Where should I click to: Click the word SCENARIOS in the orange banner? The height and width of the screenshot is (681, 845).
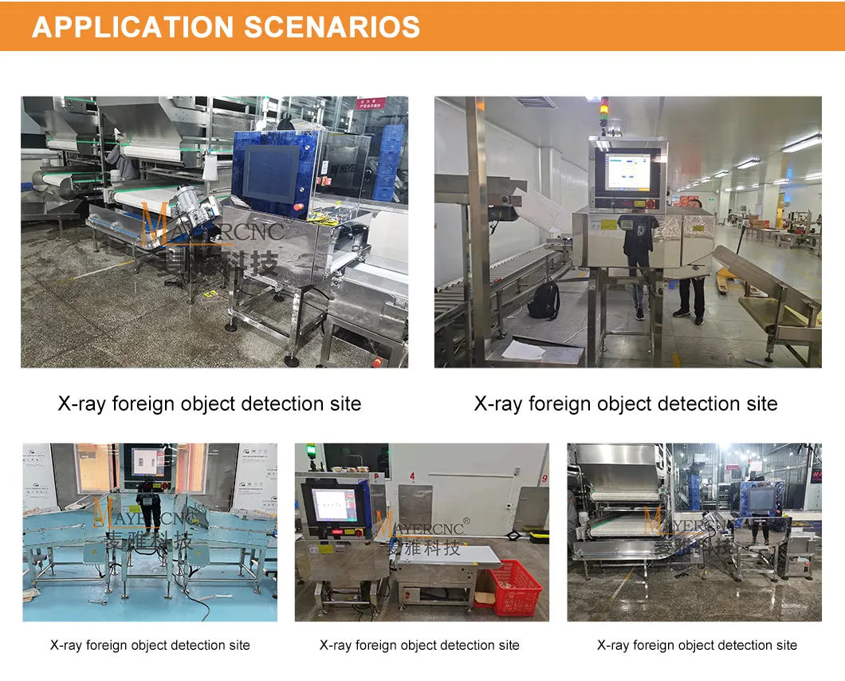point(332,27)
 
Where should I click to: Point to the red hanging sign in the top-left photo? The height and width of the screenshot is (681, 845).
point(371,104)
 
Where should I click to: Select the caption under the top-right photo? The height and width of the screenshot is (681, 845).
point(626,403)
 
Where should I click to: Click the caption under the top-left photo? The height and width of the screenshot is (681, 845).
point(210,403)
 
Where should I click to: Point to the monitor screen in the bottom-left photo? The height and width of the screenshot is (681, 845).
point(147,462)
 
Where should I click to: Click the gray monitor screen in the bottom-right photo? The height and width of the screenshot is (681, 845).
point(760,499)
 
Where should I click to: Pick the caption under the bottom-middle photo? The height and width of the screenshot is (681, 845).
point(419,645)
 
